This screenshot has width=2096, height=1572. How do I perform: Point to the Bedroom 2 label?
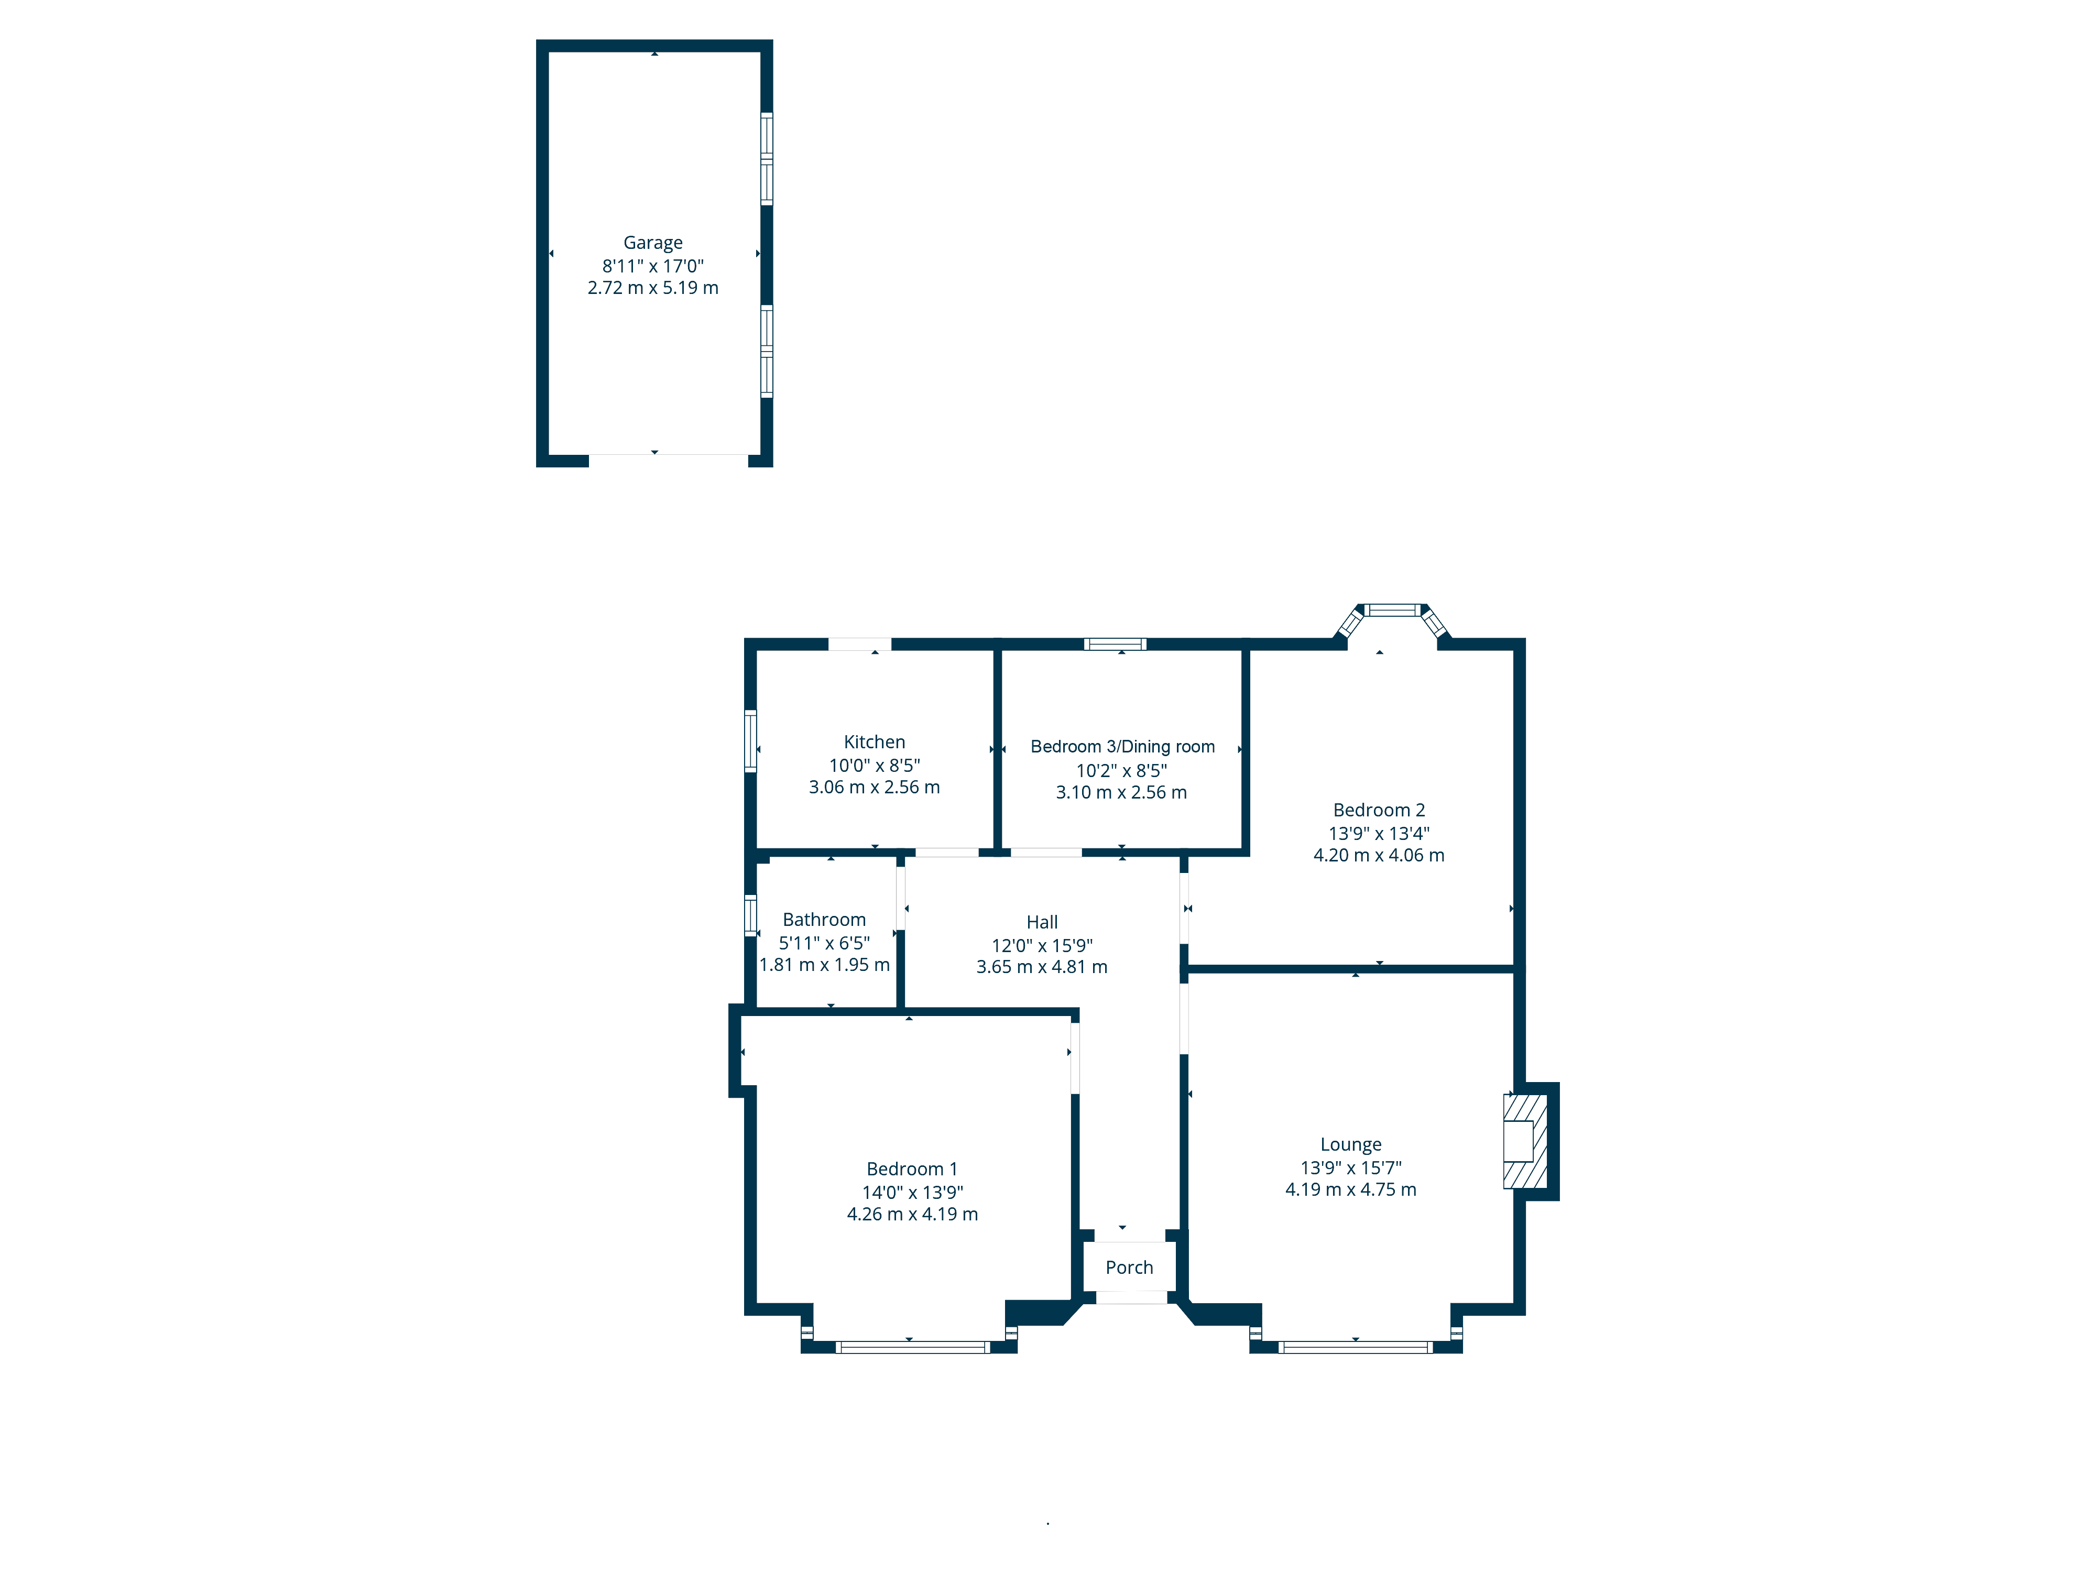click(1379, 810)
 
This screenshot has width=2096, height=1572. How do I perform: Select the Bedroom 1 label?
click(912, 1169)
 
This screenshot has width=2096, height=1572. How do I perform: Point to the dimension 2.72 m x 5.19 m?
click(653, 288)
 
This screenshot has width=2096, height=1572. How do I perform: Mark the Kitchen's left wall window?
click(750, 741)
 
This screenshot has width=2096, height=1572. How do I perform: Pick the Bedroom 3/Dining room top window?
click(1115, 645)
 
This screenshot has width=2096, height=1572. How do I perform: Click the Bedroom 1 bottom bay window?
click(912, 1347)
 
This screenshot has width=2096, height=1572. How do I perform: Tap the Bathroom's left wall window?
click(750, 915)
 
